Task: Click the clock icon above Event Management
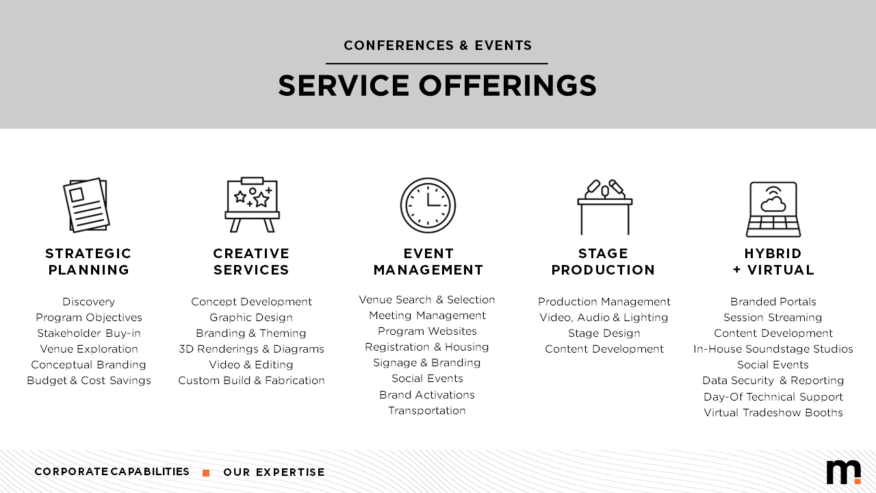click(428, 205)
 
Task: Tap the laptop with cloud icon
click(773, 210)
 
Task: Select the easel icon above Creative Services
click(253, 205)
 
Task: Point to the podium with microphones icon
click(604, 207)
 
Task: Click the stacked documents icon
click(86, 205)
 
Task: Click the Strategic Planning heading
click(88, 262)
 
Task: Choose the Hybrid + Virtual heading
click(773, 262)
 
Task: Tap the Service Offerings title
click(437, 86)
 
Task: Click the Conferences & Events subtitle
click(437, 45)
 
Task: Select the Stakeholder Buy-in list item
click(89, 333)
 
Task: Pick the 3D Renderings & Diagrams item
click(251, 349)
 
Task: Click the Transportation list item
click(427, 410)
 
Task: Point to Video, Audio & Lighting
click(604, 317)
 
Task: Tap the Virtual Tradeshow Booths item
click(773, 412)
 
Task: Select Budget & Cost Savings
click(89, 380)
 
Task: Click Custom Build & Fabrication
click(251, 380)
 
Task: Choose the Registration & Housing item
click(427, 347)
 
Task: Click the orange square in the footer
click(206, 473)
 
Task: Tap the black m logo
click(844, 472)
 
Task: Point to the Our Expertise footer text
click(274, 472)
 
